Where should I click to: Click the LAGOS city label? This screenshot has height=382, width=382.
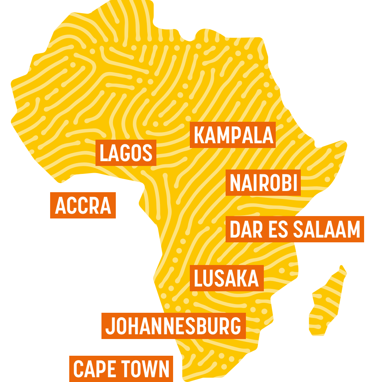coord(126,153)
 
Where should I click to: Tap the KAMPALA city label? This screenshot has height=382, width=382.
coord(233,135)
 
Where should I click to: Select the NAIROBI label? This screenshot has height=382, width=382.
coord(263,183)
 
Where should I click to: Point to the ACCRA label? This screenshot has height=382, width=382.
coord(83,205)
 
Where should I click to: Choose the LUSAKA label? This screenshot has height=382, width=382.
coord(226,278)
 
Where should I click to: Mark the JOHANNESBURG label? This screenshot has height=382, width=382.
coord(173,326)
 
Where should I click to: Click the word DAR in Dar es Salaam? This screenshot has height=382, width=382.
coord(244,230)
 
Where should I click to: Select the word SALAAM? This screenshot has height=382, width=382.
coord(327,230)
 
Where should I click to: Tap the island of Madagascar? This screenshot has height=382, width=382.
coord(327,302)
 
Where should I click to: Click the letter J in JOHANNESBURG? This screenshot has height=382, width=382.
coord(110,326)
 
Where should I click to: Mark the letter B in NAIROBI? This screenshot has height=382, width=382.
coord(283,183)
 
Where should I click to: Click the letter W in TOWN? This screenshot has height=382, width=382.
coord(149,369)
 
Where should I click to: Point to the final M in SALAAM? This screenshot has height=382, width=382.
coord(353,230)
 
